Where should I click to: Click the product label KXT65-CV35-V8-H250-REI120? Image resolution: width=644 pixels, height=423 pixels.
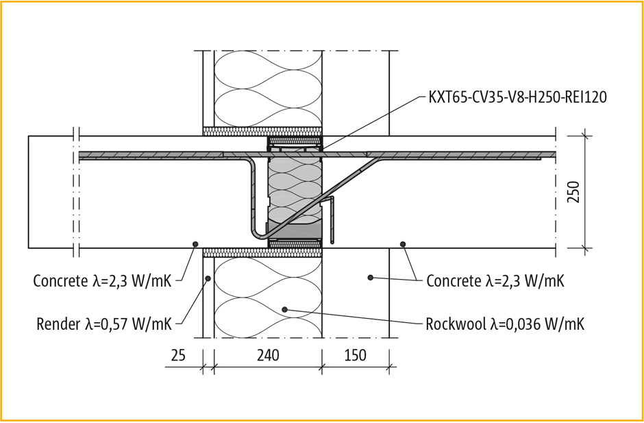[x=517, y=97]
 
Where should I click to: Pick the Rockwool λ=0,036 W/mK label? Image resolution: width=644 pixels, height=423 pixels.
[x=505, y=324]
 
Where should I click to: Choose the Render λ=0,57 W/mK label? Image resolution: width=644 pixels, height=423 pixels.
[x=104, y=324]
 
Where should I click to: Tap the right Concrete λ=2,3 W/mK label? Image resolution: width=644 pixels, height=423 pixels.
[x=495, y=280]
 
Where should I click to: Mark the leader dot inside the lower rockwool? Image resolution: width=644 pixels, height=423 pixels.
[x=284, y=310]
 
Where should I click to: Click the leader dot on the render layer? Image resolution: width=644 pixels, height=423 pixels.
[x=208, y=278]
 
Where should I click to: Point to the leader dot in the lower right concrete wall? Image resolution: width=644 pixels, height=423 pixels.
[x=370, y=278]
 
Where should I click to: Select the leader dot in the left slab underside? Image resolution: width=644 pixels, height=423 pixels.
[x=195, y=244]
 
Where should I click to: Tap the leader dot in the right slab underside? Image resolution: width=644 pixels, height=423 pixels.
[x=403, y=244]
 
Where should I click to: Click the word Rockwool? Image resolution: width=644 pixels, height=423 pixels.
[x=455, y=324]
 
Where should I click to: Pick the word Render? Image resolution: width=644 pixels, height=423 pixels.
[x=58, y=324]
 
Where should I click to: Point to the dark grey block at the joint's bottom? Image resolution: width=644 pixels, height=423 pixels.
[x=295, y=230]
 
